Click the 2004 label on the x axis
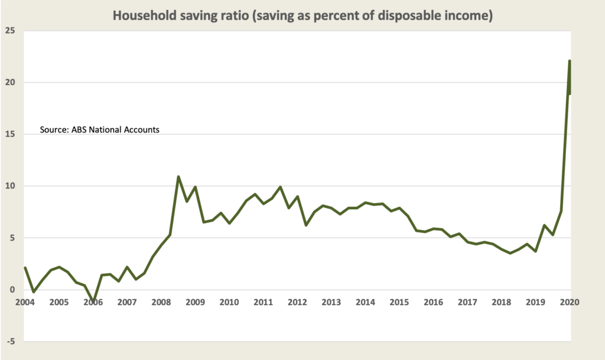pyautogui.click(x=24, y=302)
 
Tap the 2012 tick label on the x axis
pyautogui.click(x=297, y=302)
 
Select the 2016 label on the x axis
pyautogui.click(x=434, y=302)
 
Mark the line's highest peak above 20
pyautogui.click(x=569, y=61)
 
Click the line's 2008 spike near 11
pyautogui.click(x=178, y=176)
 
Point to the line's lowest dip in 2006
pyautogui.click(x=93, y=301)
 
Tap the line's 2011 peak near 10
pyautogui.click(x=280, y=187)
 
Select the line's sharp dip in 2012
pyautogui.click(x=306, y=225)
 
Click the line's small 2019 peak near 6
pyautogui.click(x=544, y=225)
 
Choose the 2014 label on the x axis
pyautogui.click(x=365, y=302)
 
